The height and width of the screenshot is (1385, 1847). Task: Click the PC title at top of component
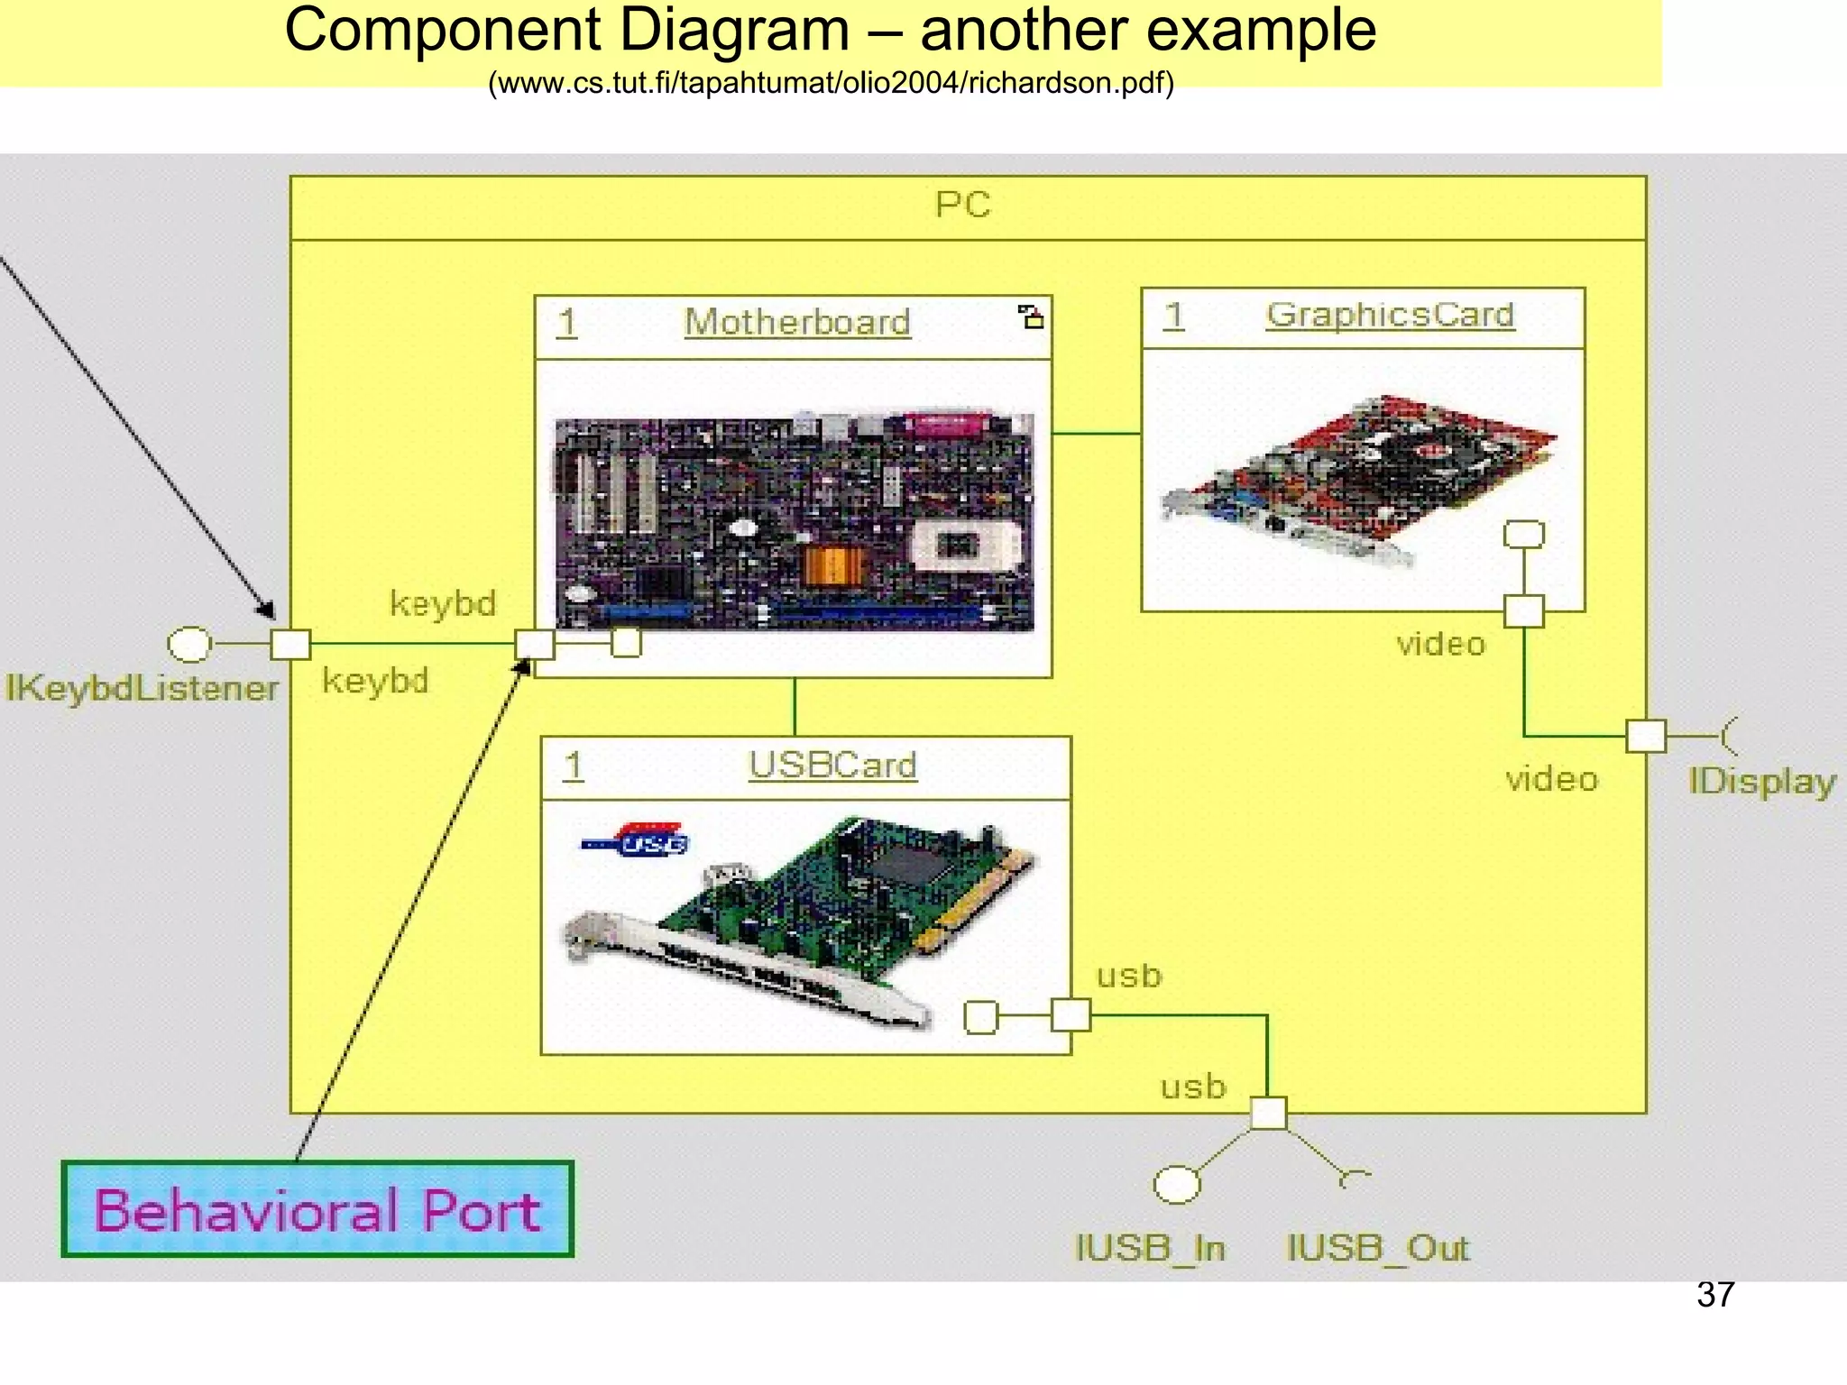click(x=962, y=206)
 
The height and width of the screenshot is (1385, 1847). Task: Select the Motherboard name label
click(x=797, y=323)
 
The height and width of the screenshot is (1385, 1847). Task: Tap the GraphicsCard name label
click(x=1389, y=315)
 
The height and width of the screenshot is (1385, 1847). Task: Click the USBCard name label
click(x=832, y=766)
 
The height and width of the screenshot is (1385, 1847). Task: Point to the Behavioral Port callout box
click(x=317, y=1209)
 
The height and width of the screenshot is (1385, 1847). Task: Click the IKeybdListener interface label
click(x=142, y=689)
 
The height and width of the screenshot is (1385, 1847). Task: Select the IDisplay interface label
click(x=1761, y=781)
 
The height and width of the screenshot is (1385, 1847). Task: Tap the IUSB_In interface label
click(x=1150, y=1249)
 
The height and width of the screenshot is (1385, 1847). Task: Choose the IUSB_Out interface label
click(x=1377, y=1249)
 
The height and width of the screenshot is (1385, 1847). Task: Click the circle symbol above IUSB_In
click(x=1177, y=1185)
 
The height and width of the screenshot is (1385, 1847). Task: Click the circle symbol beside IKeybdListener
click(x=189, y=644)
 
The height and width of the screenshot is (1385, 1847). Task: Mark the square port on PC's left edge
click(x=290, y=645)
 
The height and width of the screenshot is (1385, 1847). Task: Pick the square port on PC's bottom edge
click(x=1268, y=1114)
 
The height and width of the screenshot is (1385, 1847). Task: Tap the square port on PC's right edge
click(x=1646, y=737)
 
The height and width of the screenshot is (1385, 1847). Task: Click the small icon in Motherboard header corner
click(x=1030, y=316)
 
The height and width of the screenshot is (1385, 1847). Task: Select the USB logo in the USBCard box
click(x=637, y=840)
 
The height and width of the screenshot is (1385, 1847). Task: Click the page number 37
click(x=1714, y=1295)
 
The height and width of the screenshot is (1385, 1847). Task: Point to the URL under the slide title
click(x=831, y=83)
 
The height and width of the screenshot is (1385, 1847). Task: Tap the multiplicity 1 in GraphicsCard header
click(x=1172, y=316)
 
